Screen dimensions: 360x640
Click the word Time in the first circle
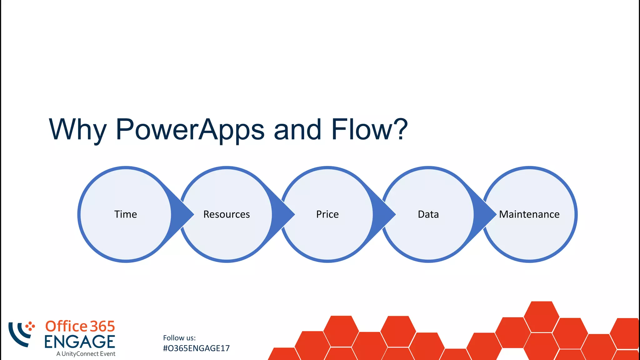point(125,214)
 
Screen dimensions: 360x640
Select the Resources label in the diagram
point(227,214)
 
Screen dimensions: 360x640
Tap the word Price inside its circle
point(327,214)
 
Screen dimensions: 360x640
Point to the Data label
point(428,214)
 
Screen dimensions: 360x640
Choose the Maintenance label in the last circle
point(529,214)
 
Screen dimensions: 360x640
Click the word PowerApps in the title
point(190,129)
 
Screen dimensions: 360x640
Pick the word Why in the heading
point(78,129)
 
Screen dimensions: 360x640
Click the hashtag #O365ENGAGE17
point(196,348)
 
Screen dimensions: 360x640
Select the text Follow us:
point(179,338)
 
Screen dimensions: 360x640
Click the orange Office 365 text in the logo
point(80,327)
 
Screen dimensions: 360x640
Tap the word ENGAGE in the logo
point(80,342)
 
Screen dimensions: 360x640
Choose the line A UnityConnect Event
point(86,354)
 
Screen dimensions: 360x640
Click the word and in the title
point(297,129)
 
